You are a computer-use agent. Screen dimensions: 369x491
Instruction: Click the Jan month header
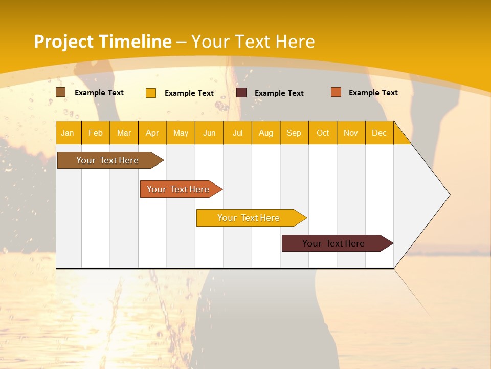click(x=68, y=133)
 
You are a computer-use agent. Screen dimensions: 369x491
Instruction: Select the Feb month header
click(x=96, y=133)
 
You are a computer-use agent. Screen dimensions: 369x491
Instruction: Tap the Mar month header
click(x=124, y=133)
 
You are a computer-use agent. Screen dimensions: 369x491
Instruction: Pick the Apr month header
click(x=152, y=133)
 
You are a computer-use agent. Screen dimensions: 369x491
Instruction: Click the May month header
click(x=181, y=133)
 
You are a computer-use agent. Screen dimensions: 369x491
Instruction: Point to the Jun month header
click(x=209, y=133)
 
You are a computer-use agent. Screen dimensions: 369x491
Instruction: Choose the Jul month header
click(x=237, y=133)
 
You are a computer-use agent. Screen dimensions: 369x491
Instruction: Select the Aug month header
click(x=265, y=133)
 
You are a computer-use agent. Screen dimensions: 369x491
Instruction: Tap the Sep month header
click(x=294, y=133)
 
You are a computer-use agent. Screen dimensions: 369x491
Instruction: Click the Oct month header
click(x=323, y=133)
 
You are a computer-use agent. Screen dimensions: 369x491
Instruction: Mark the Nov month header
click(x=351, y=133)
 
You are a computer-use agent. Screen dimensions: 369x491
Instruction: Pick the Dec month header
click(x=379, y=133)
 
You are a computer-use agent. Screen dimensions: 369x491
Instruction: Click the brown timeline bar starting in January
click(x=108, y=160)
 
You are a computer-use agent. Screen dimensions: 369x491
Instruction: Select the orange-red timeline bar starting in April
click(x=178, y=189)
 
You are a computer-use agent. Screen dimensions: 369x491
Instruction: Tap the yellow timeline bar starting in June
click(x=249, y=218)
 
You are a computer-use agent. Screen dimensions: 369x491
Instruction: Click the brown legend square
click(x=61, y=92)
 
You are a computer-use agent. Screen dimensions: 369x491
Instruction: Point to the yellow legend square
click(x=151, y=93)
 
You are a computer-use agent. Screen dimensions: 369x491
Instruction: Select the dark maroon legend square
click(x=241, y=92)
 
